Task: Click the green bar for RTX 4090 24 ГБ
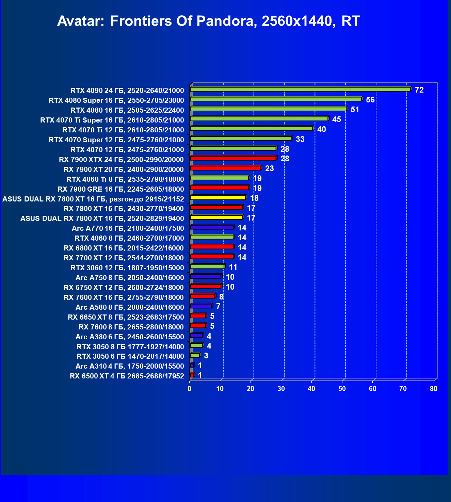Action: pos(300,89)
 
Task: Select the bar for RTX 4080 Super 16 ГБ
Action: pos(276,99)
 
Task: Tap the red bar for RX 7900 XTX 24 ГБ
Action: pos(233,158)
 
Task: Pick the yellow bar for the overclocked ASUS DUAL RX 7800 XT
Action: pos(218,197)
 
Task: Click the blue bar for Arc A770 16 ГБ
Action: pos(212,227)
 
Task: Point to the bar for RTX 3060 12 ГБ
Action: pos(207,266)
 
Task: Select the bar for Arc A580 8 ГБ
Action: pos(201,306)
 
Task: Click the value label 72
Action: pos(419,90)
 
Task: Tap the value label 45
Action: pos(336,119)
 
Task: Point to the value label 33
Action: pos(300,139)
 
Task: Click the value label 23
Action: pos(269,169)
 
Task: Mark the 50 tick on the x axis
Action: pos(342,389)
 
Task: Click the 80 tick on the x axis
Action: pos(433,389)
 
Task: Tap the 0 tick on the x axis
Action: pos(190,389)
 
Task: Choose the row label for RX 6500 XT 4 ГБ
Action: pos(127,376)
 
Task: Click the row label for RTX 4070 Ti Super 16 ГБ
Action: pos(112,120)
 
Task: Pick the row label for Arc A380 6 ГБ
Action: pos(130,337)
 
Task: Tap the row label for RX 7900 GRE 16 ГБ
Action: pos(120,189)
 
